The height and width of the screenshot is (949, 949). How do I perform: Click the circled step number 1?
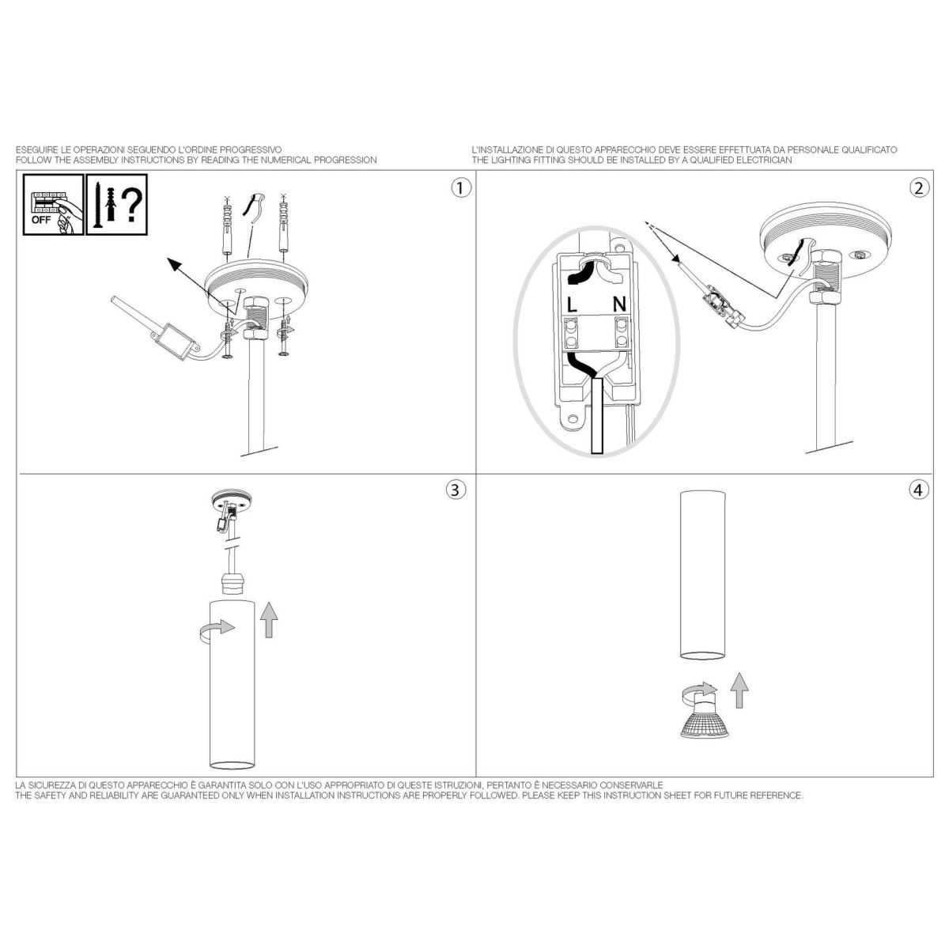coord(460,188)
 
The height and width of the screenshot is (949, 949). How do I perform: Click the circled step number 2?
coord(919,188)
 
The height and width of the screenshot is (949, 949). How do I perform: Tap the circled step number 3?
coord(456,490)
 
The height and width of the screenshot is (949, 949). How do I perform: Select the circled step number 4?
coord(919,490)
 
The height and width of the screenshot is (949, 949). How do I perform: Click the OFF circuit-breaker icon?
coord(54,204)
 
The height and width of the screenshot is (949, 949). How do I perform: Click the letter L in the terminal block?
coord(571,304)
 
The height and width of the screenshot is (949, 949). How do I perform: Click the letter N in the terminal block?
coord(619,304)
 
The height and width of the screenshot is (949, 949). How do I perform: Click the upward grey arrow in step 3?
coord(269,619)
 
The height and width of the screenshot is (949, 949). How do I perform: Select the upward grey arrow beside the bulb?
coord(739,690)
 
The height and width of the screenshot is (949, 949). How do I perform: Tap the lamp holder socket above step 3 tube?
coord(232,584)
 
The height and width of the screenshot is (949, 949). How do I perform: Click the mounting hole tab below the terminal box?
coord(573,419)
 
